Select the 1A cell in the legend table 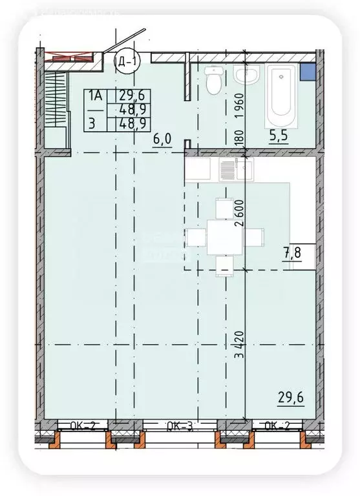click(x=95, y=95)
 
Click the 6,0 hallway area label click(x=162, y=139)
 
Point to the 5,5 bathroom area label click(x=279, y=137)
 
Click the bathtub click(x=281, y=96)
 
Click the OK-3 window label click(x=180, y=426)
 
